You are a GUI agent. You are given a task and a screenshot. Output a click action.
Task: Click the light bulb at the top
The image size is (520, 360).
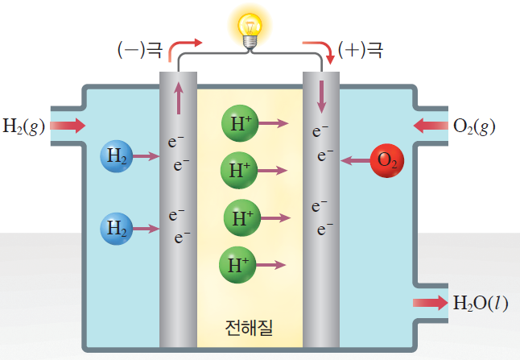point(250,28)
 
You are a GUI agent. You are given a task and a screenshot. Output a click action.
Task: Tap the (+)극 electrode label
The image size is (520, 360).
point(361,51)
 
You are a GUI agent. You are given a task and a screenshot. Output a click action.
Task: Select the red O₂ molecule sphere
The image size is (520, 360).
point(387,160)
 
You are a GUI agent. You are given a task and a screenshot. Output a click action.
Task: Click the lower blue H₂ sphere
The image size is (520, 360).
point(117,229)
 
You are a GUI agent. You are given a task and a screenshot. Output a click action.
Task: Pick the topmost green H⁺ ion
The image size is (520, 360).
point(238,123)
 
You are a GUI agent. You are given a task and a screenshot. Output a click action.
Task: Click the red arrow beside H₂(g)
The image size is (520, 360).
point(68,126)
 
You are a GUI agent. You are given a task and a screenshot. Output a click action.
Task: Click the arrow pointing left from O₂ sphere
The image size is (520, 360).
point(355,160)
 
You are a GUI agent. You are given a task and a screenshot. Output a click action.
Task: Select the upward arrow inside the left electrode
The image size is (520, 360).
point(178,100)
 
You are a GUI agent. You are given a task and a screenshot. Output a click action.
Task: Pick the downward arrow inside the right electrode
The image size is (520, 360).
point(322,97)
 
